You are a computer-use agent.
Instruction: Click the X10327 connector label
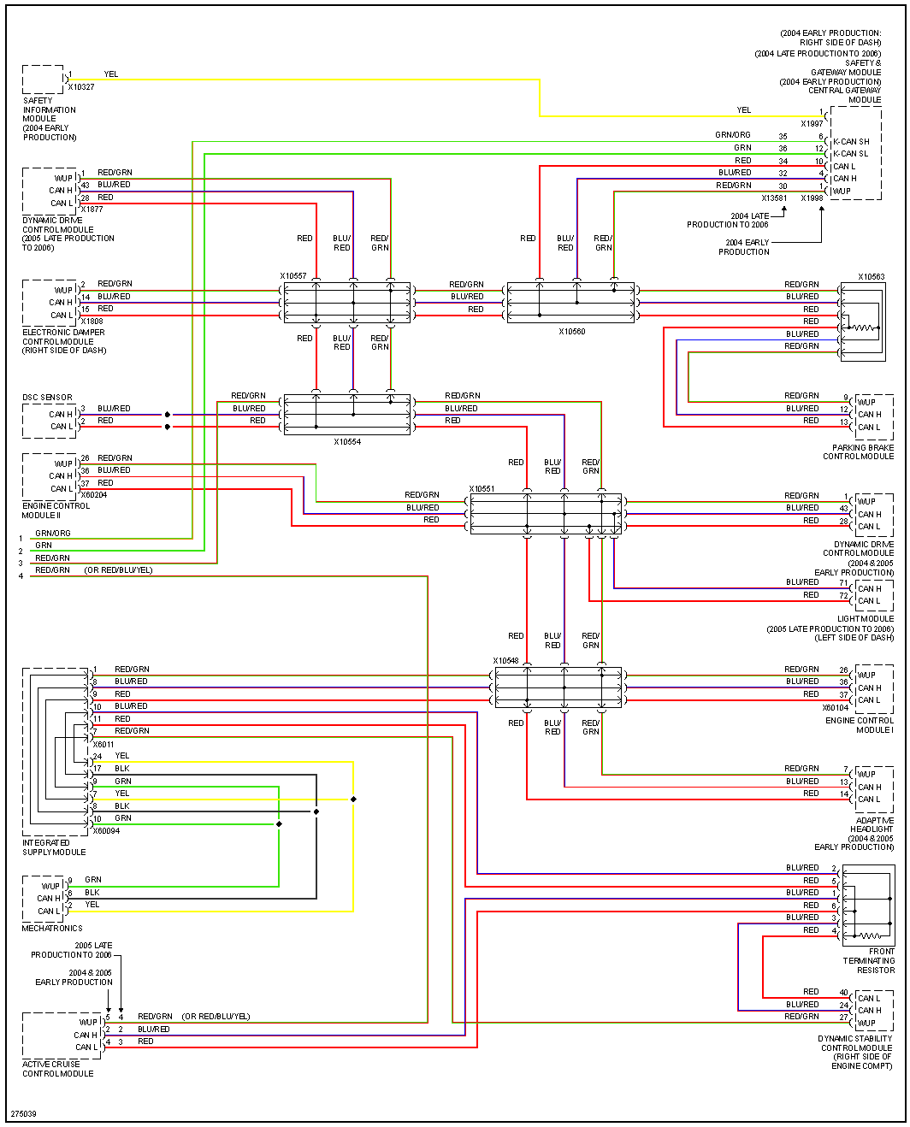click(x=81, y=87)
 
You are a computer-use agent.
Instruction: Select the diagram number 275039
click(x=23, y=1114)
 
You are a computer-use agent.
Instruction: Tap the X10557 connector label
click(x=293, y=276)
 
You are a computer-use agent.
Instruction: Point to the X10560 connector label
click(x=572, y=332)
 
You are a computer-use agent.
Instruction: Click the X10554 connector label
click(x=347, y=443)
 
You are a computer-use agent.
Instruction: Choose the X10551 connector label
click(x=482, y=489)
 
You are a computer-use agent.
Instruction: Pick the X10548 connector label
click(x=505, y=661)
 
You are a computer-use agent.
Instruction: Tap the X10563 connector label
click(x=872, y=277)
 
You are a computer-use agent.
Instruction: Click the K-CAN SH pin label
click(x=851, y=142)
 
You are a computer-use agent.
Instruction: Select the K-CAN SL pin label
click(x=851, y=154)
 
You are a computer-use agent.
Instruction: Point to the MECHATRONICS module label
click(x=52, y=928)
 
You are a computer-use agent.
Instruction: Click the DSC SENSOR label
click(x=47, y=398)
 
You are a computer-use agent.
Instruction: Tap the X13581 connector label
click(x=774, y=198)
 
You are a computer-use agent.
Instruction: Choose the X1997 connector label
click(x=812, y=124)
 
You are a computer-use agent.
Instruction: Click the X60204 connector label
click(x=94, y=495)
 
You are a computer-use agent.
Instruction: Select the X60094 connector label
click(x=106, y=831)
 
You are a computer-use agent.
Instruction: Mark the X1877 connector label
click(x=92, y=209)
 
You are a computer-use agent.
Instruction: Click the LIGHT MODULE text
click(x=866, y=619)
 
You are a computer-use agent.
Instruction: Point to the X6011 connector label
click(x=103, y=745)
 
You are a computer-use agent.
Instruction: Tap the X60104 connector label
click(x=836, y=708)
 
